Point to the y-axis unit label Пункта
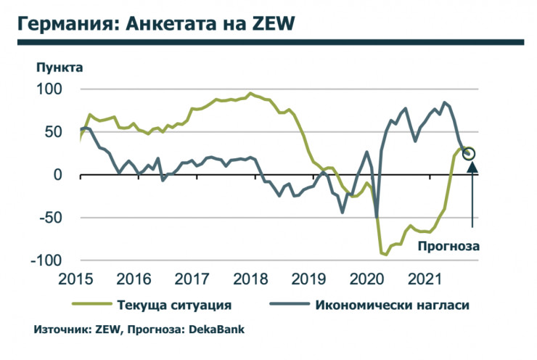[x=60, y=68]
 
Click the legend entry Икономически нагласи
[x=392, y=304]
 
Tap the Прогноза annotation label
[x=448, y=246]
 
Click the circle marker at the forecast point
[x=469, y=153]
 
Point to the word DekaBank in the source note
[x=216, y=329]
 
